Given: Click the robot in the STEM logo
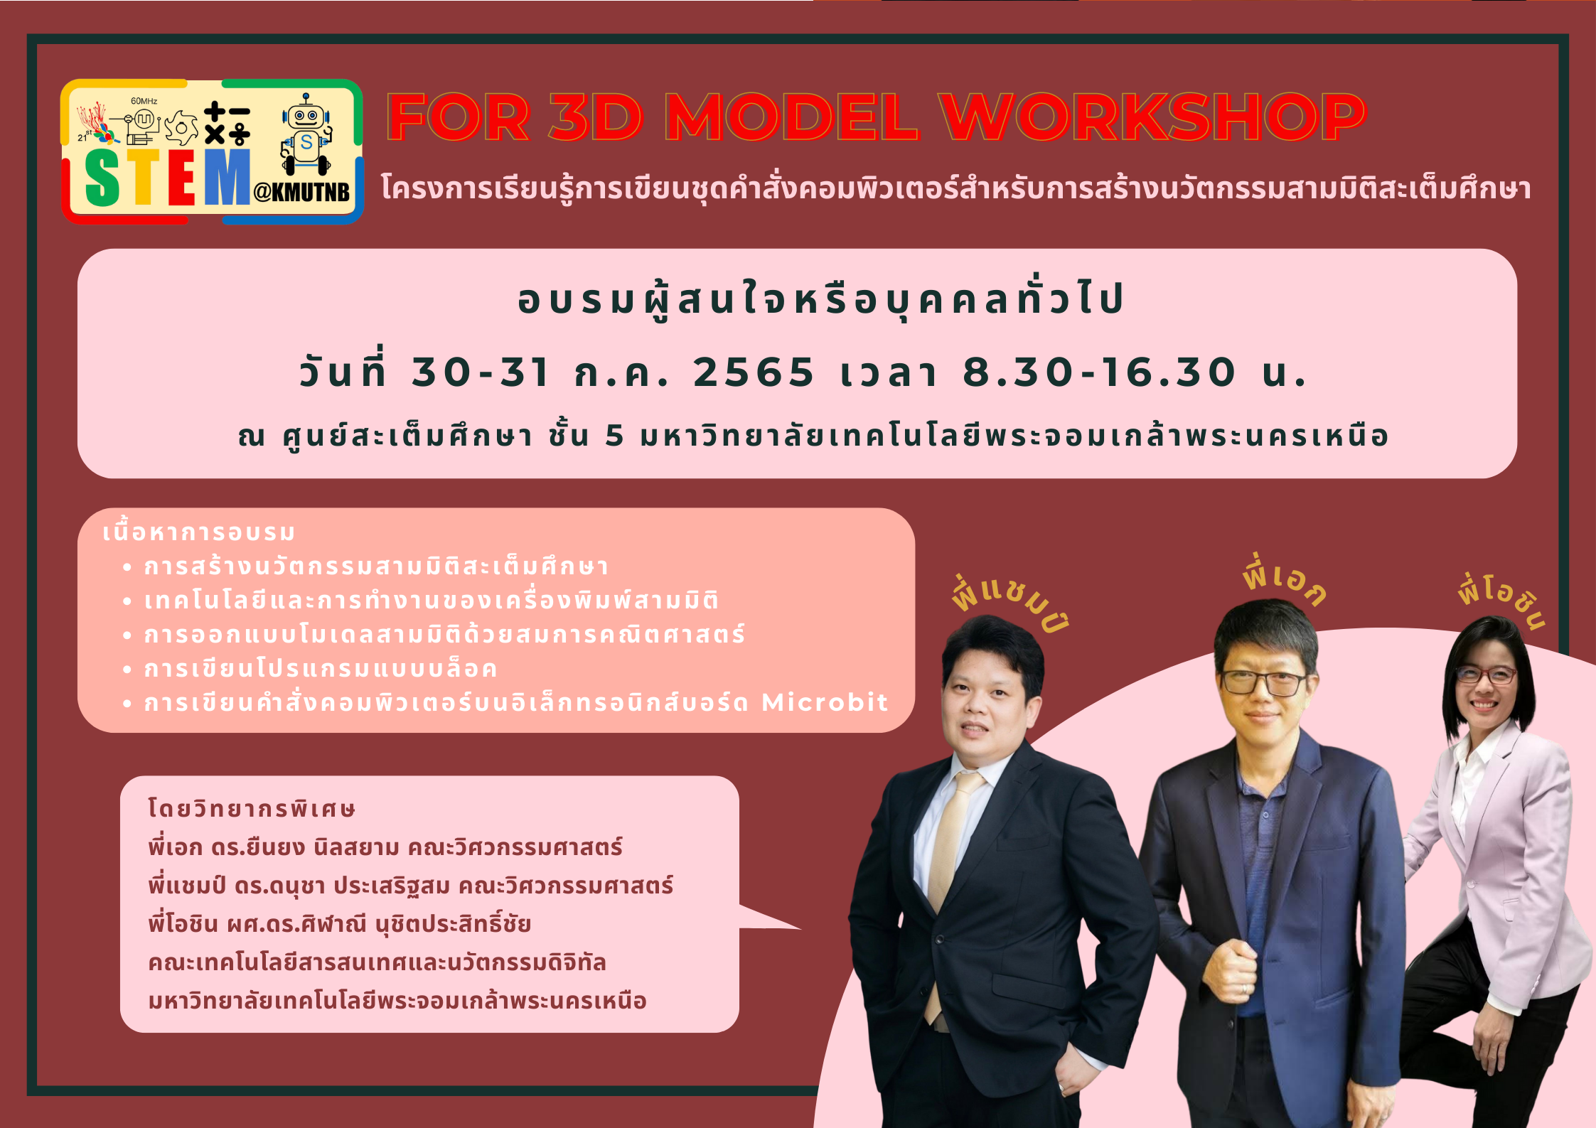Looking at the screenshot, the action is tap(306, 134).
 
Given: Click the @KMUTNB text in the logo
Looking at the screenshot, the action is tap(301, 192).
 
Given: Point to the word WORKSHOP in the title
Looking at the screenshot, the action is tap(1152, 117).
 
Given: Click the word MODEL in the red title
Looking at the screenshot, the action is tap(791, 117).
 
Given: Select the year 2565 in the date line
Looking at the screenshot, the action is tap(754, 372).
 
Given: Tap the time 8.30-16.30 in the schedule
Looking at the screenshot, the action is tap(1099, 372).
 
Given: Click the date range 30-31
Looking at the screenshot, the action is tap(480, 372).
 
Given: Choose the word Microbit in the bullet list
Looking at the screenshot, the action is tap(825, 702).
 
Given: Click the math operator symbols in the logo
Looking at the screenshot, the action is tap(227, 123).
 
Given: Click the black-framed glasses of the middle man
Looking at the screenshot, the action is tap(1263, 682).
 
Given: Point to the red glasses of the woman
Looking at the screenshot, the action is tap(1485, 675).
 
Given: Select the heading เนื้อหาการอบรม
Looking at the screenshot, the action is tap(198, 532).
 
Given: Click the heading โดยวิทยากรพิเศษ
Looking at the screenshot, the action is tap(251, 809).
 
